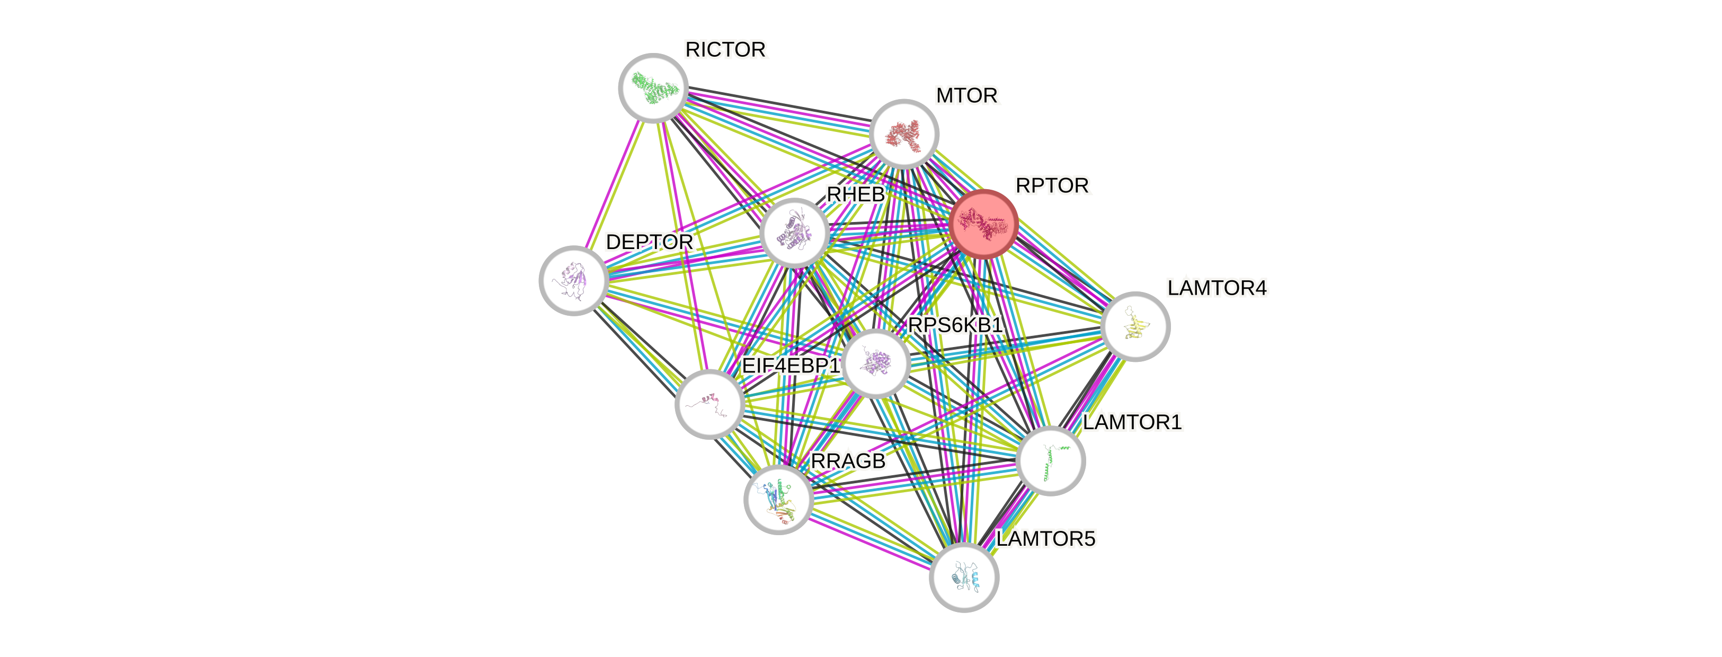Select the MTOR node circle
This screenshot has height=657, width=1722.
pos(904,134)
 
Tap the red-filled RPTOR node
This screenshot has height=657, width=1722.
pos(983,223)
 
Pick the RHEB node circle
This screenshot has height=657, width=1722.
pos(794,233)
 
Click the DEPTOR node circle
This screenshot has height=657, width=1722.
pos(573,280)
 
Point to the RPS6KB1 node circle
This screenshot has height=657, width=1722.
pos(875,363)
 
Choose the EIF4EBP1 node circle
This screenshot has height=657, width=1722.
pos(709,404)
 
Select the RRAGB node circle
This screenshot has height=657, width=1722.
pos(778,499)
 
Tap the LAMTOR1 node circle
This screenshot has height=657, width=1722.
pos(1050,460)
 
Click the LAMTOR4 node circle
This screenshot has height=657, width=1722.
pos(1134,326)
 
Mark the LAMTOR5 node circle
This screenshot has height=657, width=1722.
pos(963,577)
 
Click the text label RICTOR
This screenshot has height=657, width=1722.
pos(725,49)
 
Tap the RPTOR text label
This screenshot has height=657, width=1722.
pos(1052,186)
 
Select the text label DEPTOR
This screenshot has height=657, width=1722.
pos(649,242)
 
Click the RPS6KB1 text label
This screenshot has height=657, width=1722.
pos(955,325)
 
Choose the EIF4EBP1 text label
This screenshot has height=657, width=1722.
pos(791,366)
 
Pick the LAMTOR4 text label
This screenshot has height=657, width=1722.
pos(1217,288)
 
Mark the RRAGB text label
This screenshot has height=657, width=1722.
pos(848,461)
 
